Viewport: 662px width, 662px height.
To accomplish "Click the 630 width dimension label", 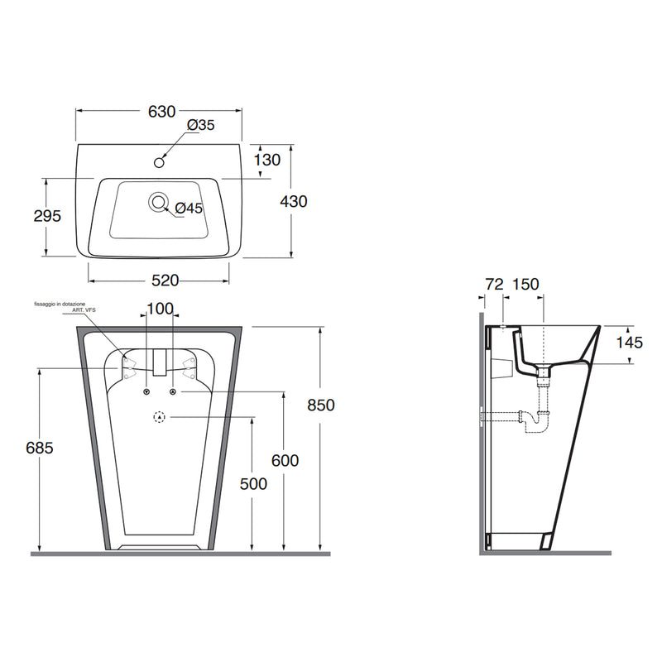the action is pos(161,112).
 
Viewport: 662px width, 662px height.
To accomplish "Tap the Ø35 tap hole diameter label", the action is pos(201,125).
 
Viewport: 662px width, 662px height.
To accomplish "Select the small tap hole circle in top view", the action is pos(159,162).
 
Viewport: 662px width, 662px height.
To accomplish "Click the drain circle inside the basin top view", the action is pos(158,202).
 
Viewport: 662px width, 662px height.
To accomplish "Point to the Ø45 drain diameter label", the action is pos(189,208).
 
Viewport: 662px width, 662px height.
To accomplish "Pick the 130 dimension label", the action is pos(267,160).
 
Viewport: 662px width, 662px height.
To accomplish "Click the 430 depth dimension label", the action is pos(294,201).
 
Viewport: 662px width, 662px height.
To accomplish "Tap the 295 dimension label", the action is pos(47,216).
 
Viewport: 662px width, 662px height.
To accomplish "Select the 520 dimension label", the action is pos(165,281).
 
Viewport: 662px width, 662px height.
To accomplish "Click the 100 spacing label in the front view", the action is pos(160,309).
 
